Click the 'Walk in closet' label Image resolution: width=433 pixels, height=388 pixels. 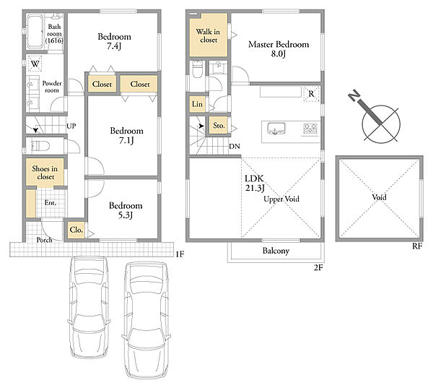tap(208, 35)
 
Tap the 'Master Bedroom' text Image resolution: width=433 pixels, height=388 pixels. tap(279, 44)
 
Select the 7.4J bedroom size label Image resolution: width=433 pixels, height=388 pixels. tap(114, 46)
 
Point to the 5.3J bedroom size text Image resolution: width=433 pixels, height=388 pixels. tap(126, 215)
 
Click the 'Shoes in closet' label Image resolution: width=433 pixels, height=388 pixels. tap(45, 173)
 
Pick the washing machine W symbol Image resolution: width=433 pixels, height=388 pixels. tap(35, 64)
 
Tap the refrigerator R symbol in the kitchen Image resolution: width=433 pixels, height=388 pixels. tap(311, 94)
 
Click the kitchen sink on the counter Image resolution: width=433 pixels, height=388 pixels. tap(276, 129)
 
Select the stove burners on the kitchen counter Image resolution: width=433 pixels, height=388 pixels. tap(310, 129)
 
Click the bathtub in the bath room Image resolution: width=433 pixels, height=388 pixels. tap(35, 32)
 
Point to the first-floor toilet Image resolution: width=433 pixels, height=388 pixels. tap(40, 146)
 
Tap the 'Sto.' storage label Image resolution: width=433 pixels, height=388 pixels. tap(219, 126)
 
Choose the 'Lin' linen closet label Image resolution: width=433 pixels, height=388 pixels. tap(197, 104)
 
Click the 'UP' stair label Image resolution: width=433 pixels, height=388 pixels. tap(71, 126)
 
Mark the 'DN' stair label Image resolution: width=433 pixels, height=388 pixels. tap(235, 146)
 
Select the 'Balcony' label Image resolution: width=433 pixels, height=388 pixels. tap(276, 251)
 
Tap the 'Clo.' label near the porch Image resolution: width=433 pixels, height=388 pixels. tap(76, 230)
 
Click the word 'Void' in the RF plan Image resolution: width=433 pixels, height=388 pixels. tap(379, 197)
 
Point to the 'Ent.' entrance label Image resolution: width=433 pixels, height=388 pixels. tap(51, 203)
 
